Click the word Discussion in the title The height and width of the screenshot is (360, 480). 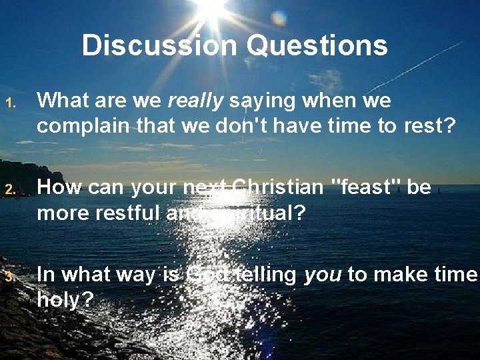pyautogui.click(x=159, y=45)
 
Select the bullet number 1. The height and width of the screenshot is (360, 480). pyautogui.click(x=10, y=103)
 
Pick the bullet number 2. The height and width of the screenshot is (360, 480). pyautogui.click(x=10, y=190)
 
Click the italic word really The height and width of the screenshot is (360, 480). pyautogui.click(x=195, y=101)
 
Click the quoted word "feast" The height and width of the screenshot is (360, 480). pyautogui.click(x=365, y=187)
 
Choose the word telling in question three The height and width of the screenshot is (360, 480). pyautogui.click(x=263, y=275)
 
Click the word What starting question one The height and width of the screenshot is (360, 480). pyautogui.click(x=63, y=101)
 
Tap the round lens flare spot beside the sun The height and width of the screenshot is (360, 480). pyautogui.click(x=279, y=18)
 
